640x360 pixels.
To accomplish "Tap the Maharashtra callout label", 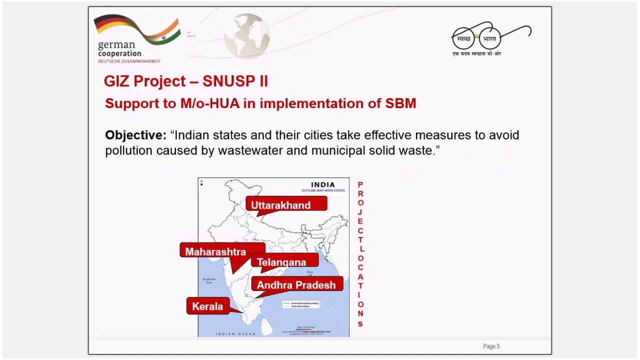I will (215, 251).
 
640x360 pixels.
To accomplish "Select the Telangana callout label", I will (281, 262).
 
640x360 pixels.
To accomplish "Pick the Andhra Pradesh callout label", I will (296, 284).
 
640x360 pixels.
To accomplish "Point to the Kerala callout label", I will (207, 306).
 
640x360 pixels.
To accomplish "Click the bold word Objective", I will (135, 135).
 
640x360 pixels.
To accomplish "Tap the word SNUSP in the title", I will (229, 81).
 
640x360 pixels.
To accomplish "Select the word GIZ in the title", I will (116, 81).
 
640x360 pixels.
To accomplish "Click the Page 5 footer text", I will (491, 346).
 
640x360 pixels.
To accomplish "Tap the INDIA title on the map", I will (323, 184).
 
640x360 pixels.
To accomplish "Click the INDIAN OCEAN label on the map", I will (235, 333).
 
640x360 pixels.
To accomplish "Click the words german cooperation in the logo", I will (119, 49).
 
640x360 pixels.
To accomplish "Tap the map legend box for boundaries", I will (300, 304).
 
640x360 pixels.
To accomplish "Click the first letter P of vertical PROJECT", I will (360, 184).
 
